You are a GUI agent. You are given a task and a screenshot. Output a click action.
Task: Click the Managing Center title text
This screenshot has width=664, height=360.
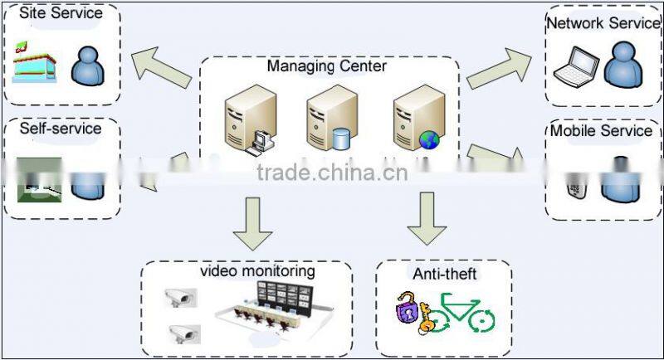(327, 66)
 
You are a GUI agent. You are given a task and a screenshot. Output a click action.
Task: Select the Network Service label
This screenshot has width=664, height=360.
(603, 23)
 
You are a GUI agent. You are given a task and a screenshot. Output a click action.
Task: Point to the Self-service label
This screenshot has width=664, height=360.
(60, 129)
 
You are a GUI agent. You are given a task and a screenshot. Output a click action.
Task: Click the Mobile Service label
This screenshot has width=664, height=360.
(602, 131)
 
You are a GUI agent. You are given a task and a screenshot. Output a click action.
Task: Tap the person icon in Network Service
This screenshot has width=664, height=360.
(624, 64)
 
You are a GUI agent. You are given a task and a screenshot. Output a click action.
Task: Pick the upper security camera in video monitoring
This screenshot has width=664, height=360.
(178, 297)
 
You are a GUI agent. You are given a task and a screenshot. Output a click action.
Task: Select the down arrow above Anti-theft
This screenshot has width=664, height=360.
(427, 217)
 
